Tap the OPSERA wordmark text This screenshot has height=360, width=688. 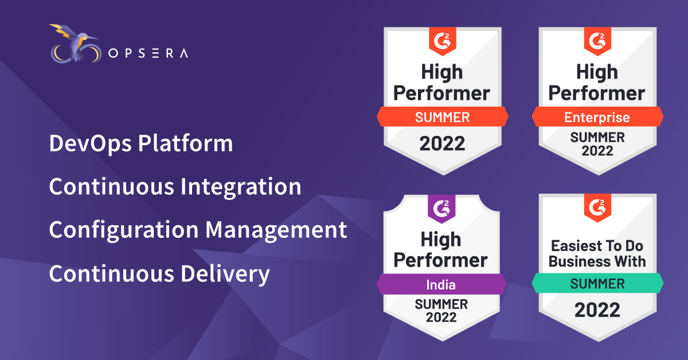[x=148, y=53]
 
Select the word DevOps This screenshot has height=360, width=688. [x=91, y=144]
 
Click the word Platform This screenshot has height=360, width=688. [x=185, y=143]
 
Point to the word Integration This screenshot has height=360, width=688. [x=241, y=187]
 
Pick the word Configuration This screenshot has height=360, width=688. [x=124, y=230]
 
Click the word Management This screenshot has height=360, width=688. [x=276, y=230]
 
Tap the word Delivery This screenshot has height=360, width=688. [x=225, y=274]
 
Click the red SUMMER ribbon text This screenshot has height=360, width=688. [x=442, y=118]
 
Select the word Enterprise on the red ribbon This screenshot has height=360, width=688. [x=597, y=118]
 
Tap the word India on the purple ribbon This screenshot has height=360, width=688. [x=441, y=285]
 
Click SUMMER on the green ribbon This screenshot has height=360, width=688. [x=597, y=284]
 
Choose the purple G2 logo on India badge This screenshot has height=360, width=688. [x=441, y=209]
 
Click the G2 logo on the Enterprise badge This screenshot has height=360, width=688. [x=597, y=41]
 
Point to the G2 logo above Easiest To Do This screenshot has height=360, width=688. [x=597, y=207]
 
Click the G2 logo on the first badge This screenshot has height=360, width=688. [x=442, y=41]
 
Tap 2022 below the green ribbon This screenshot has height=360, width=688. [x=597, y=310]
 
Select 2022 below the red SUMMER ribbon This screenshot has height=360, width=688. [x=442, y=143]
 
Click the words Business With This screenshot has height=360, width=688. [x=597, y=261]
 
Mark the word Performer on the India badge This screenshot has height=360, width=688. [x=441, y=260]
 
